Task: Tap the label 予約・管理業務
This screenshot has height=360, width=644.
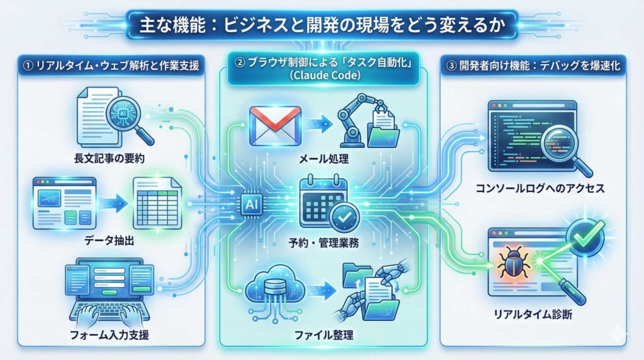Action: pos(322,243)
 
